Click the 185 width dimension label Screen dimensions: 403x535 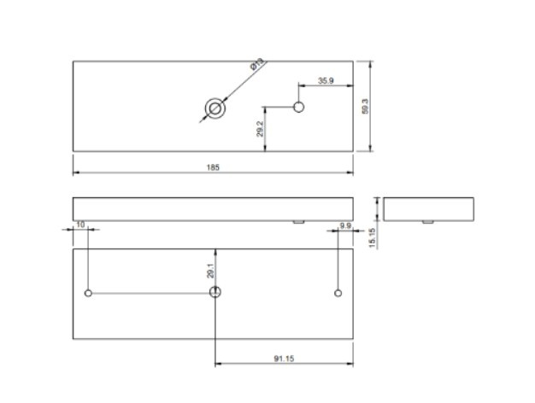click(213, 167)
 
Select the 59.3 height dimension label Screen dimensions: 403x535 click(365, 107)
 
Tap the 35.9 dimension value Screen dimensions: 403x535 click(326, 80)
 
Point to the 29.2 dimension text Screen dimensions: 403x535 click(259, 130)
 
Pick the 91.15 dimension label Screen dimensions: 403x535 click(285, 359)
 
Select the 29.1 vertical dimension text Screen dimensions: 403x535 click(209, 271)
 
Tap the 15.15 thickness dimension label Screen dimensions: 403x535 click(373, 237)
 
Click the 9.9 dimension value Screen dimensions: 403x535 click(345, 225)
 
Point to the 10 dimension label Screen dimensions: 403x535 click(80, 225)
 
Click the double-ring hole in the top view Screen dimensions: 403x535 click(215, 108)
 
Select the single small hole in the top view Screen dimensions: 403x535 click(298, 107)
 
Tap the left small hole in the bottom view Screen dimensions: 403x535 click(89, 293)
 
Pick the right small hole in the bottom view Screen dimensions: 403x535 click(338, 293)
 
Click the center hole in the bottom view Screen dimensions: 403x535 click(215, 292)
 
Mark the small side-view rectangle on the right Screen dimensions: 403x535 click(428, 208)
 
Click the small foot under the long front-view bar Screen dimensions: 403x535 click(298, 221)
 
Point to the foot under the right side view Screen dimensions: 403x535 click(426, 221)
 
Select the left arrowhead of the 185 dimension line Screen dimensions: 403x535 click(76, 172)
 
